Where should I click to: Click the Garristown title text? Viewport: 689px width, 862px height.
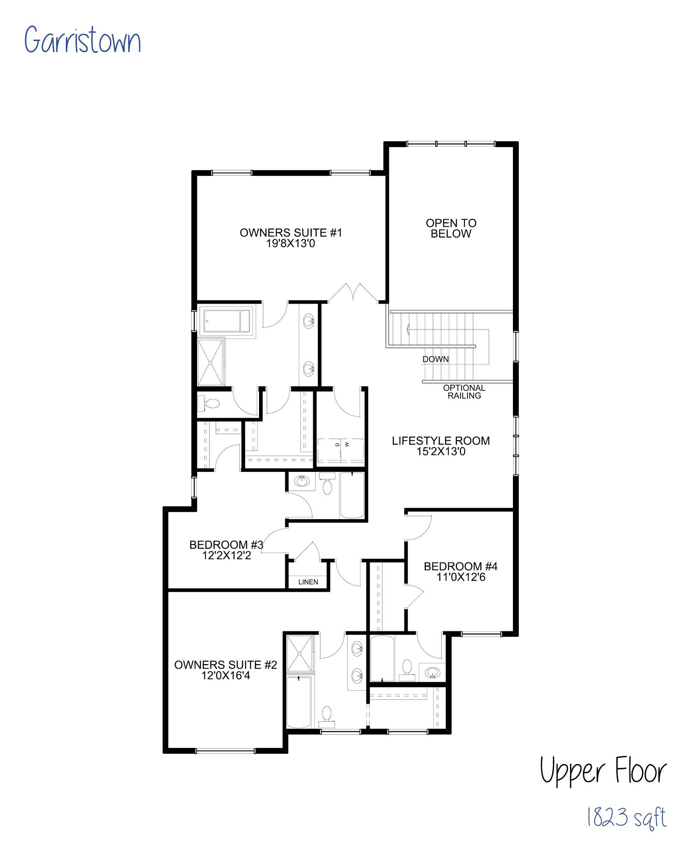pos(82,40)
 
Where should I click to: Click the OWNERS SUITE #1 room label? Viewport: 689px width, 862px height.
pos(290,232)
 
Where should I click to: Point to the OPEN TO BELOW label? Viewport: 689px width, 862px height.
pos(451,228)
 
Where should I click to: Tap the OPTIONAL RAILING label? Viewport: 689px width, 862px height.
pos(464,392)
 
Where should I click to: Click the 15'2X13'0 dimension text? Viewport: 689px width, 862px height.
pos(441,452)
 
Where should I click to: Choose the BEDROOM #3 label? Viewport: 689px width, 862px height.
pos(226,545)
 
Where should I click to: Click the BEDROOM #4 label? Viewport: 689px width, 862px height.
pos(460,566)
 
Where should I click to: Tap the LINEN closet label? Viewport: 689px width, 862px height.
pos(308,582)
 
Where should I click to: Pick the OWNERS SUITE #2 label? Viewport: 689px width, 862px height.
pos(225,665)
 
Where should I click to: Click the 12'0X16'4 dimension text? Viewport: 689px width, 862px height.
pos(225,675)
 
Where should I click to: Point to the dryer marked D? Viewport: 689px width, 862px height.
pos(329,450)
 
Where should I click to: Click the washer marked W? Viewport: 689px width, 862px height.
pos(352,450)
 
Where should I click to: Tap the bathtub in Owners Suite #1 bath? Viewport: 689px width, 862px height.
pos(227,321)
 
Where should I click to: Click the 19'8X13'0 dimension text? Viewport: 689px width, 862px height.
pos(290,243)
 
